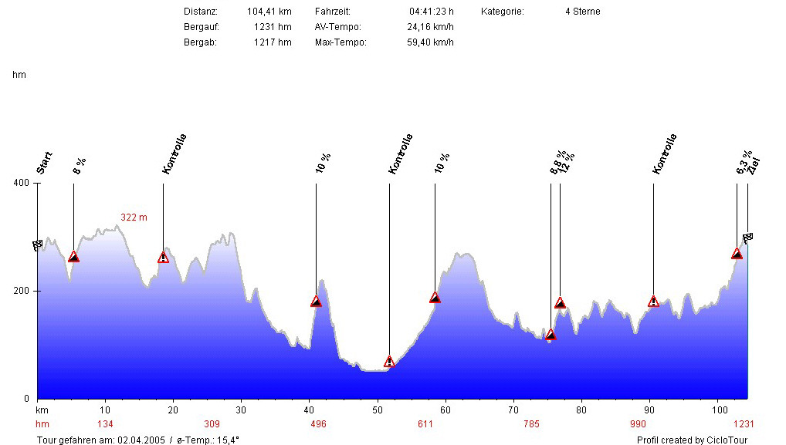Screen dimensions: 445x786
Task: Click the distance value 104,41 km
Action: point(269,12)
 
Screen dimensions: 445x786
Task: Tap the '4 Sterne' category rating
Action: point(582,12)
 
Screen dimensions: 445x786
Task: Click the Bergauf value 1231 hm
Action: point(273,27)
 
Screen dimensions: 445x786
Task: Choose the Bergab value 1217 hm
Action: point(273,42)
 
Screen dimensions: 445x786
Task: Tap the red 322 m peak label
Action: point(134,217)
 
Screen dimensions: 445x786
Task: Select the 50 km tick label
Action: point(378,410)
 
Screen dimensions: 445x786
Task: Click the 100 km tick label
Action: point(720,410)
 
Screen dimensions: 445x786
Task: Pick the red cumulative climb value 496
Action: point(318,424)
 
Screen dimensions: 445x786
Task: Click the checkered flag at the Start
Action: point(37,245)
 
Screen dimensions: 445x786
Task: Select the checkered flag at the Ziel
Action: point(747,238)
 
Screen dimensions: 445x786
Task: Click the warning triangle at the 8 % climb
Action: point(73,257)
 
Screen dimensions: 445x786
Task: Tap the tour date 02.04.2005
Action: point(140,440)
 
